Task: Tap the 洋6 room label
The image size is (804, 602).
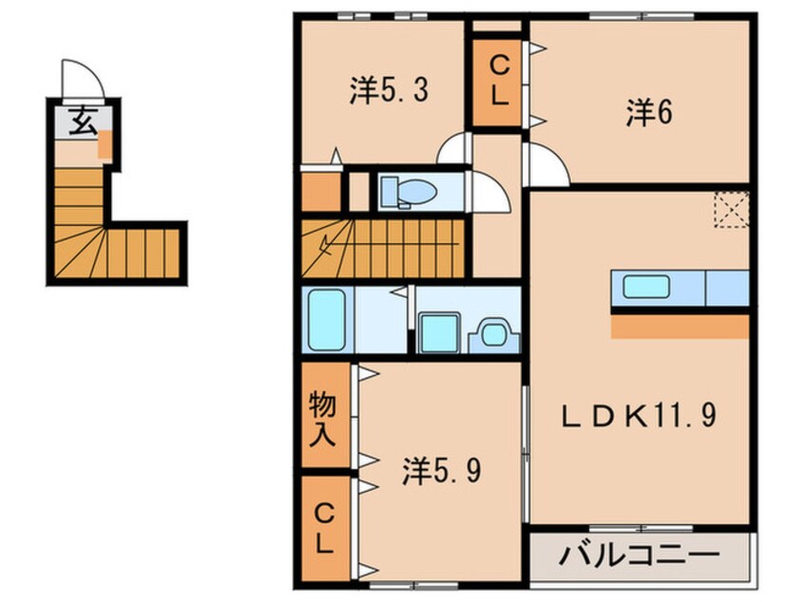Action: pos(649,113)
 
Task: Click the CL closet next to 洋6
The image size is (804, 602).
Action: pos(498,81)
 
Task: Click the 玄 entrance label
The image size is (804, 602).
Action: pos(81,121)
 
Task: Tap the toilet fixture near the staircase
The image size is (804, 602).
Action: pos(408,191)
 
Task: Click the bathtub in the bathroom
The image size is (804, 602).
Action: pos(326,320)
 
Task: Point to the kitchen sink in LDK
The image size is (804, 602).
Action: pos(645,286)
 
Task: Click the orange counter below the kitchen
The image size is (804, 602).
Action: pos(680,328)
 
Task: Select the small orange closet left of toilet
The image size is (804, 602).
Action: pos(320,191)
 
